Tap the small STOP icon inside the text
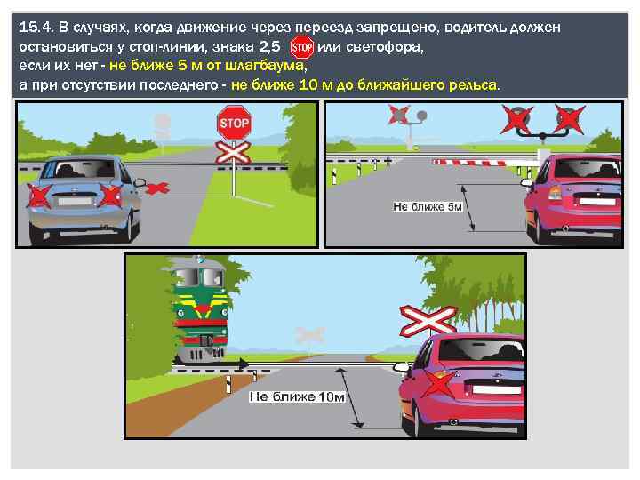[302, 47]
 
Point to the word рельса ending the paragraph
[477, 85]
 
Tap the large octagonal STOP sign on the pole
[234, 120]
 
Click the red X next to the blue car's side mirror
[156, 187]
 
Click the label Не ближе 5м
[428, 206]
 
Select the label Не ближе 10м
[297, 396]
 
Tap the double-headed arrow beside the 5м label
[468, 204]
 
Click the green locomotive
[200, 307]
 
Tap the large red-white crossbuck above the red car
[427, 317]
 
